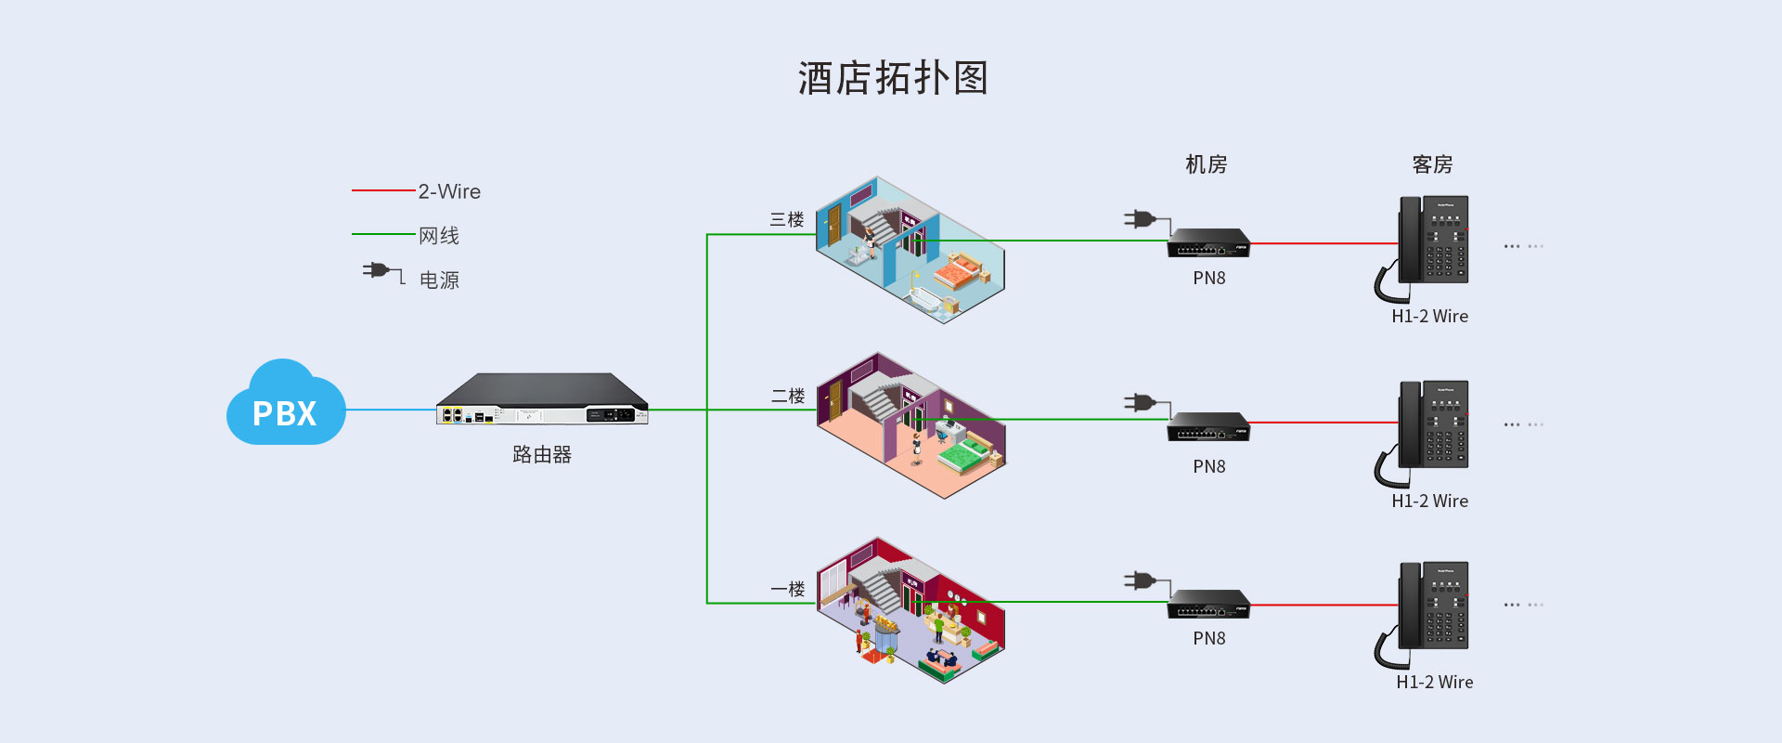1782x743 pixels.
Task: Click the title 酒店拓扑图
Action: click(x=893, y=78)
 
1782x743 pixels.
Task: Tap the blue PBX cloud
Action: click(x=285, y=405)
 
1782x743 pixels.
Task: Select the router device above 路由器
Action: click(x=542, y=399)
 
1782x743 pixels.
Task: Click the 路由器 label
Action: click(x=542, y=454)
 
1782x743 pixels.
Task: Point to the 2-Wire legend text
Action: click(x=449, y=191)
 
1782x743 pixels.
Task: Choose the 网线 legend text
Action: click(x=439, y=236)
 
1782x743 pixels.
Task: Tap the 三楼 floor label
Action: click(x=787, y=220)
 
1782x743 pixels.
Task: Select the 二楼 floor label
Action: click(x=788, y=397)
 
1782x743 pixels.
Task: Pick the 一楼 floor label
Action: click(x=788, y=590)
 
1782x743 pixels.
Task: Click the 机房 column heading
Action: click(x=1207, y=165)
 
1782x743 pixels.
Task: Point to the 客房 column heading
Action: click(x=1432, y=165)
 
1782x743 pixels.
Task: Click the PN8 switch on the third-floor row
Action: click(x=1208, y=242)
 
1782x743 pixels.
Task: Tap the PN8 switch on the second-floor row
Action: click(x=1208, y=426)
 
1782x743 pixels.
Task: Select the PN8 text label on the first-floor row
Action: click(x=1209, y=639)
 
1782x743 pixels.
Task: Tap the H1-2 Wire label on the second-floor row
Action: click(x=1429, y=502)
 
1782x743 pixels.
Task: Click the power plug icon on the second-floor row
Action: click(x=1141, y=403)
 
